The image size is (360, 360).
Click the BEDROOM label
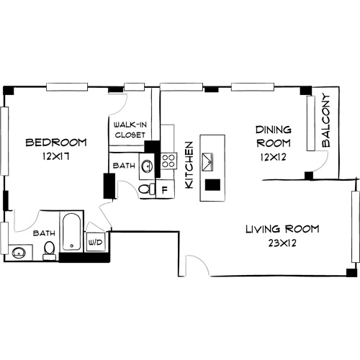tap(55, 142)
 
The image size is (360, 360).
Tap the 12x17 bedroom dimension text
tap(56, 155)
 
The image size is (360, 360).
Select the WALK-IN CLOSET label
tap(130, 130)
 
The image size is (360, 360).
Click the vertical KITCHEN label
tap(190, 165)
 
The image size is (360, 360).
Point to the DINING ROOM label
tap(274, 136)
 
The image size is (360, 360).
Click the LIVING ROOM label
tap(282, 230)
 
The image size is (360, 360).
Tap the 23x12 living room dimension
tap(282, 243)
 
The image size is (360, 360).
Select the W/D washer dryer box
tap(94, 243)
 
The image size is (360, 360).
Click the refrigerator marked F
tap(165, 190)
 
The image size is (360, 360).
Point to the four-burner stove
tap(169, 160)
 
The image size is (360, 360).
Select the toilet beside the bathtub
tap(50, 249)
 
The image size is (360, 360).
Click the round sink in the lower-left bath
tap(18, 253)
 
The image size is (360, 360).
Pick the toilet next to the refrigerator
tap(145, 189)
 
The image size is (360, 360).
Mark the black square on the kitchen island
tap(212, 184)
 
